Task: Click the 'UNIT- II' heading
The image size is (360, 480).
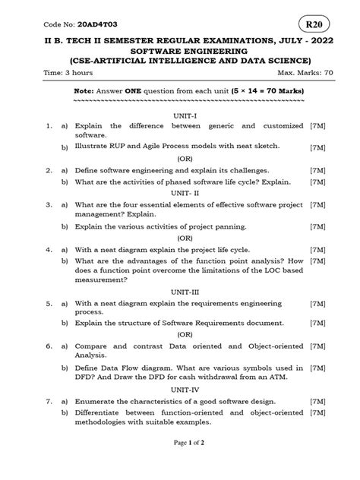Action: click(179, 193)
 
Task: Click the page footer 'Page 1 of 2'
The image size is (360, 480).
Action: click(179, 463)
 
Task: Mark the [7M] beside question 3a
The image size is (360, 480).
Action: click(318, 205)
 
